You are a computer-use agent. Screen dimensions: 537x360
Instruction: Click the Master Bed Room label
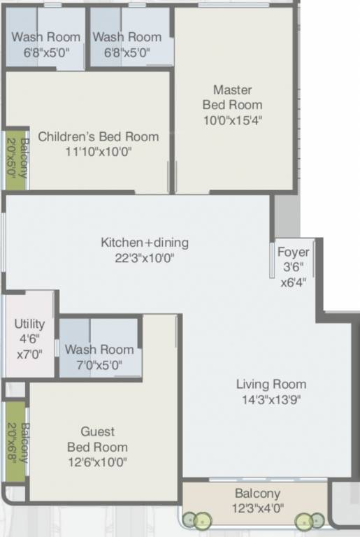(x=232, y=97)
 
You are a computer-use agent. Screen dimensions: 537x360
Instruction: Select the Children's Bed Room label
(x=98, y=136)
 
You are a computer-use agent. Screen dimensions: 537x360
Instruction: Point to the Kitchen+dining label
(x=145, y=243)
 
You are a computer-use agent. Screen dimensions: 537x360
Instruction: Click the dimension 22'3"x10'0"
(x=145, y=258)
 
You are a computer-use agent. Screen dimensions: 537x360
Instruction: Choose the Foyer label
(x=293, y=252)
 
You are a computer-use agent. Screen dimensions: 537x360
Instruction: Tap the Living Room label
(x=271, y=384)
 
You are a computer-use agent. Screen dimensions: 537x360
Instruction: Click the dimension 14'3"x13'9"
(x=271, y=399)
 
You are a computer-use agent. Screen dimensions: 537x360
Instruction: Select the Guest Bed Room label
(x=97, y=439)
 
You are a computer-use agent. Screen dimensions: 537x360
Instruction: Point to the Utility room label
(x=29, y=324)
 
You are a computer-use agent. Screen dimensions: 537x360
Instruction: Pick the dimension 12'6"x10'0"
(x=97, y=461)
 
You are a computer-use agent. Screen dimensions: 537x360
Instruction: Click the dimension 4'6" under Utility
(x=29, y=338)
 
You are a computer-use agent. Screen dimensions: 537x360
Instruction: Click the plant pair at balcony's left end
(x=197, y=520)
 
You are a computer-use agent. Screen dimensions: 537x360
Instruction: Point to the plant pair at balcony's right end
(x=310, y=520)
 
